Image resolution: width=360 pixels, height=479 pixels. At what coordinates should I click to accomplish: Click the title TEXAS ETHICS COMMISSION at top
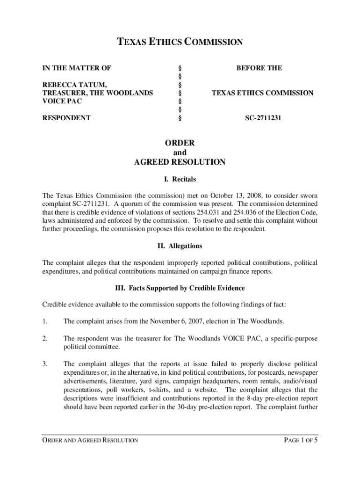tap(180, 43)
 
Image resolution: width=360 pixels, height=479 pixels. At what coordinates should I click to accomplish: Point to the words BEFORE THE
tap(259, 68)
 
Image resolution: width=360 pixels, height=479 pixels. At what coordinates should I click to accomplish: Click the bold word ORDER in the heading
tap(180, 143)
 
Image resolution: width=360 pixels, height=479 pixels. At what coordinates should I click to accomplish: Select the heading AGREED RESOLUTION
tap(180, 162)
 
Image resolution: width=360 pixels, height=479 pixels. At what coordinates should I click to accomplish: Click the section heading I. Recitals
tap(180, 179)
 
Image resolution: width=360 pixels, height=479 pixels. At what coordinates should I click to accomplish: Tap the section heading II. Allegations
tap(180, 246)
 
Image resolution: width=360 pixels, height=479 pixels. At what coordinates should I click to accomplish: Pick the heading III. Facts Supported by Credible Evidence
tap(180, 288)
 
